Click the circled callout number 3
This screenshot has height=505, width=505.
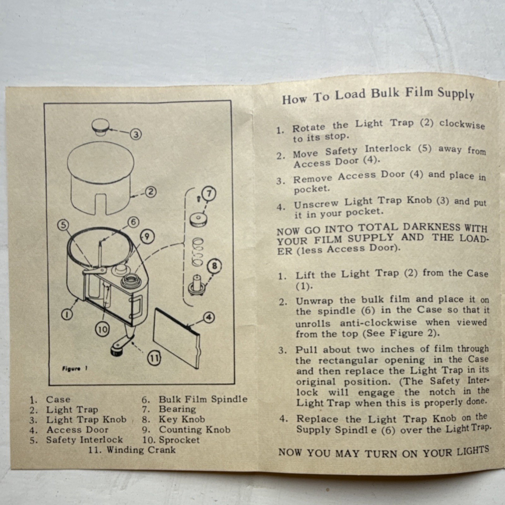135,135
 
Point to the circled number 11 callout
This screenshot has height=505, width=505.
155,358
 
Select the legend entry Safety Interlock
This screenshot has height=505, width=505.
76,440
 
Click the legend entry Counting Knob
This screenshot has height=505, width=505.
186,430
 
